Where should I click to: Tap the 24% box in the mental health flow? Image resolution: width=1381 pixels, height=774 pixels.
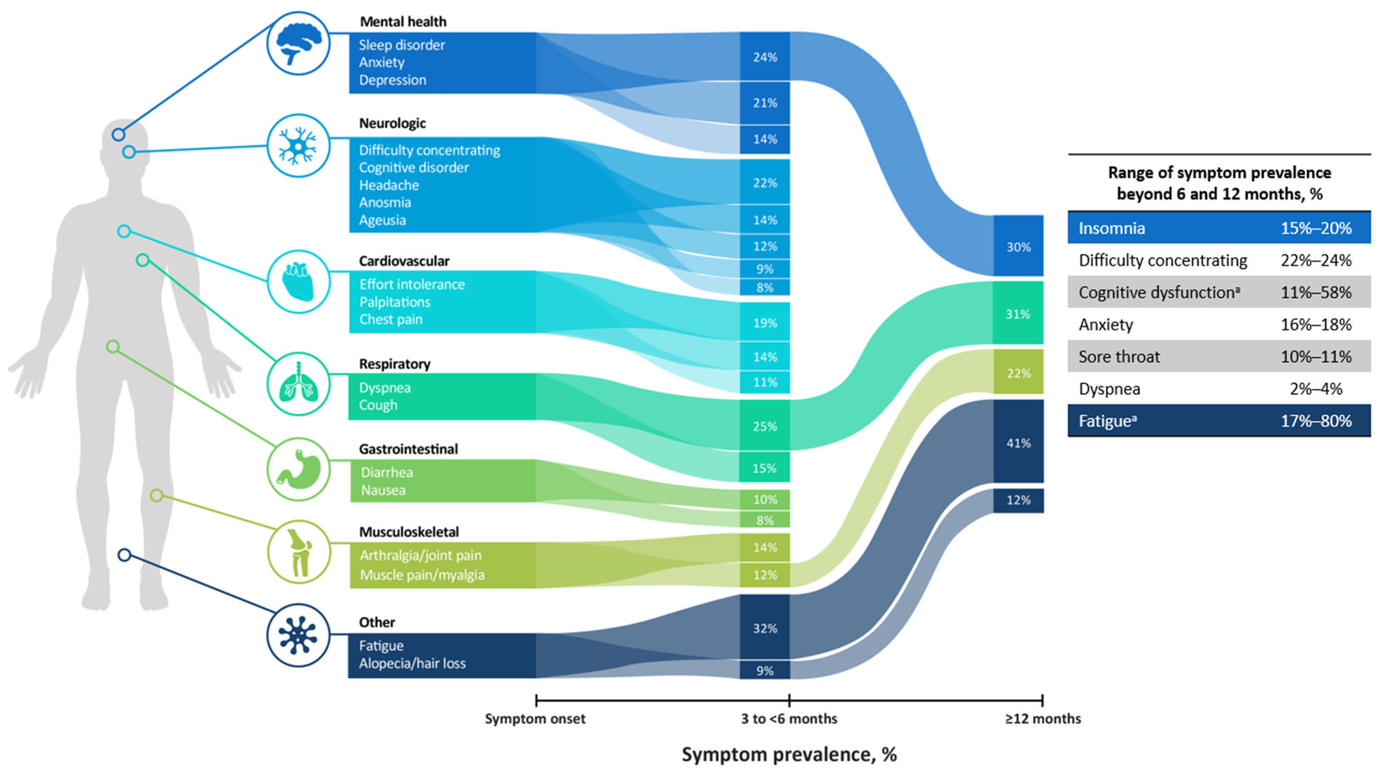tap(764, 57)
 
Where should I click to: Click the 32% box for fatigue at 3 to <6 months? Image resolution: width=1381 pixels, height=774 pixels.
tap(764, 628)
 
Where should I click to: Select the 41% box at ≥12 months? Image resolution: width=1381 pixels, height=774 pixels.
tap(1018, 443)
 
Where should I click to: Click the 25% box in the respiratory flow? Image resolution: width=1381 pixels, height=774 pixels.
tap(764, 426)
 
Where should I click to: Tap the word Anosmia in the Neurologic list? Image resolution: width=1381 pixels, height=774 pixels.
tap(385, 203)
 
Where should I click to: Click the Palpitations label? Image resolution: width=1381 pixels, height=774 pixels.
tap(394, 302)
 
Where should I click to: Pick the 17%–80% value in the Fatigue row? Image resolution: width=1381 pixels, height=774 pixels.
tap(1316, 421)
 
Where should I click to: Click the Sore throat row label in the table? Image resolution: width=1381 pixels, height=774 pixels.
tap(1119, 357)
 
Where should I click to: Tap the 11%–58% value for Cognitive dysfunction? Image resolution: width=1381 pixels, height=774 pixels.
tap(1316, 293)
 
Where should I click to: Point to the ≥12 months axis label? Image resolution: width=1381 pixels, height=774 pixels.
tap(1043, 719)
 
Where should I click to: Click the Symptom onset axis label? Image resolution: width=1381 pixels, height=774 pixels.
tap(535, 719)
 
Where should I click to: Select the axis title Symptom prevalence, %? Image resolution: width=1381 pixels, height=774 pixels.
tap(789, 755)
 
